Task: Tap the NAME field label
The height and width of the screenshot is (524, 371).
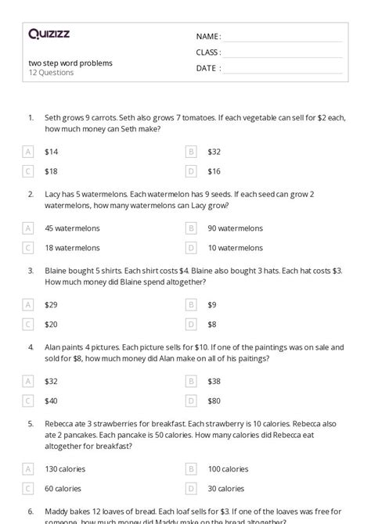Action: pyautogui.click(x=208, y=37)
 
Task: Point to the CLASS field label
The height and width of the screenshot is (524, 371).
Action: pyautogui.click(x=208, y=52)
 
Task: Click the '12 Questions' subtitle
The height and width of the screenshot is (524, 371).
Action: pyautogui.click(x=51, y=73)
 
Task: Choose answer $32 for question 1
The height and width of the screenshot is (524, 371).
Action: pyautogui.click(x=214, y=152)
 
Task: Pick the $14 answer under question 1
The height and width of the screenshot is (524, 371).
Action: pyautogui.click(x=52, y=152)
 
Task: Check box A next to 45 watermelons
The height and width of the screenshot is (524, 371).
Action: pyautogui.click(x=29, y=228)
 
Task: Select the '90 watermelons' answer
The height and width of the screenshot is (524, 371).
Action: pyautogui.click(x=235, y=228)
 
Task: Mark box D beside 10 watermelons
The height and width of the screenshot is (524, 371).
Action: pyautogui.click(x=191, y=247)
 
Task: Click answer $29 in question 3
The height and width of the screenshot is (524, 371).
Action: pyautogui.click(x=52, y=304)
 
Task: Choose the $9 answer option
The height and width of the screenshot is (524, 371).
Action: pyautogui.click(x=212, y=304)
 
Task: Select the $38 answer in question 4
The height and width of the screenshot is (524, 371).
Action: pyautogui.click(x=214, y=381)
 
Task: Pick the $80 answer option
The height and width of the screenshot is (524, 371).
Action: pyautogui.click(x=214, y=400)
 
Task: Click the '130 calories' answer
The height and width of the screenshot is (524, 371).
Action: pyautogui.click(x=65, y=469)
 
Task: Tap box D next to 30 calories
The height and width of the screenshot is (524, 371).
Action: pyautogui.click(x=191, y=488)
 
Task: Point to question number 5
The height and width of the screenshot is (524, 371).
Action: pyautogui.click(x=31, y=423)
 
